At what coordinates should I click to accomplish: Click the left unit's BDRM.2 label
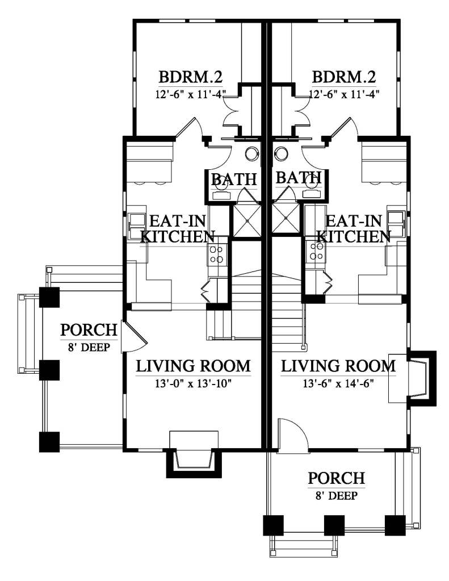tap(190, 77)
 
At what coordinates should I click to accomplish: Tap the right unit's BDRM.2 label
tap(344, 77)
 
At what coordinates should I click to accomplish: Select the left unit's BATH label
tap(234, 179)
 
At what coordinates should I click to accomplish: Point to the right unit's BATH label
tap(298, 178)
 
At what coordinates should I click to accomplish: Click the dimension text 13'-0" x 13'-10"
tap(193, 384)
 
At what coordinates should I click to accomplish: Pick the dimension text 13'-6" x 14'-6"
tap(338, 384)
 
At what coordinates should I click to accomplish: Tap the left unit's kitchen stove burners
tap(217, 255)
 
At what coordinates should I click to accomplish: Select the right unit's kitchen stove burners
tap(315, 251)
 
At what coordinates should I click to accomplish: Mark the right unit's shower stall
tap(286, 219)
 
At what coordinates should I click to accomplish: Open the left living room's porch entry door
tap(134, 336)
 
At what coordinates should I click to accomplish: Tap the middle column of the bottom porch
tap(334, 525)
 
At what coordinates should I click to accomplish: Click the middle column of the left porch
tap(49, 370)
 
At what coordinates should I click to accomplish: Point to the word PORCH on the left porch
tap(89, 330)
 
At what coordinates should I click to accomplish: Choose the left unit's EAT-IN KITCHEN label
tap(178, 229)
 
